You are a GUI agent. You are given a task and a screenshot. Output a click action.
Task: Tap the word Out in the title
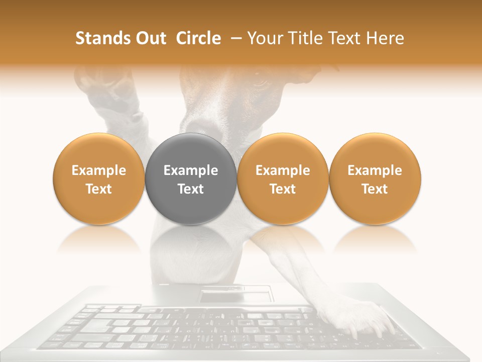pos(150,39)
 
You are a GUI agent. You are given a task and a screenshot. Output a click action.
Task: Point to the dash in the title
pos(233,39)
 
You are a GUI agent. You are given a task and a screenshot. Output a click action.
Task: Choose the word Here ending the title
pos(386,39)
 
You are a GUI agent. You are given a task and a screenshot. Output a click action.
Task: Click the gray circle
pos(191,178)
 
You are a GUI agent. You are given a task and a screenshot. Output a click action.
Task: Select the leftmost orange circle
pos(99,178)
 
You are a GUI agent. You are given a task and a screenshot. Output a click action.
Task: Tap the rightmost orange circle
pos(375,178)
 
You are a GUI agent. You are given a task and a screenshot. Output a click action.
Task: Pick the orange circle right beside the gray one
pos(283,178)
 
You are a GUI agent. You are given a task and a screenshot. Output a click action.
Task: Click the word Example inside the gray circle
pos(191,170)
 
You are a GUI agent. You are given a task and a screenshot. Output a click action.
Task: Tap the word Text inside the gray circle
pos(191,189)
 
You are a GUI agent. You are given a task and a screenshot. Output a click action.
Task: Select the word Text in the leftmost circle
pos(99,189)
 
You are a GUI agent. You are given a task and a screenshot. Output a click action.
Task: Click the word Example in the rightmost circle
pos(375,170)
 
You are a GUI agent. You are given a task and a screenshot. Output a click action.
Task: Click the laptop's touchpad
pos(235,295)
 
